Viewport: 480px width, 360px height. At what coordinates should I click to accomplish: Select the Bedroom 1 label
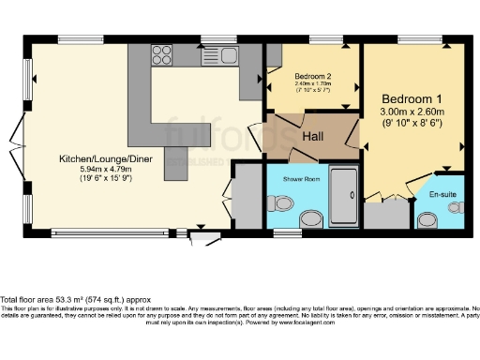(412, 98)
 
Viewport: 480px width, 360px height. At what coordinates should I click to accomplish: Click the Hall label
(314, 137)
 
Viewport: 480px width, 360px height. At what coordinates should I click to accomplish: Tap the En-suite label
(442, 193)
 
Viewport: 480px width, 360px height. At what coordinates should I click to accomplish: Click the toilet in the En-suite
(428, 218)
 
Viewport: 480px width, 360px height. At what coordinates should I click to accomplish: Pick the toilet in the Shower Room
(279, 201)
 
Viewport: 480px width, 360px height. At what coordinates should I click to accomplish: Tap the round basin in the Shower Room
(310, 218)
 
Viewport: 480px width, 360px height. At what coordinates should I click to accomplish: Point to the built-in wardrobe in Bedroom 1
(380, 216)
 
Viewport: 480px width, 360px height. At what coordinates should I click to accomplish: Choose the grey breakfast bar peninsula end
(176, 158)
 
